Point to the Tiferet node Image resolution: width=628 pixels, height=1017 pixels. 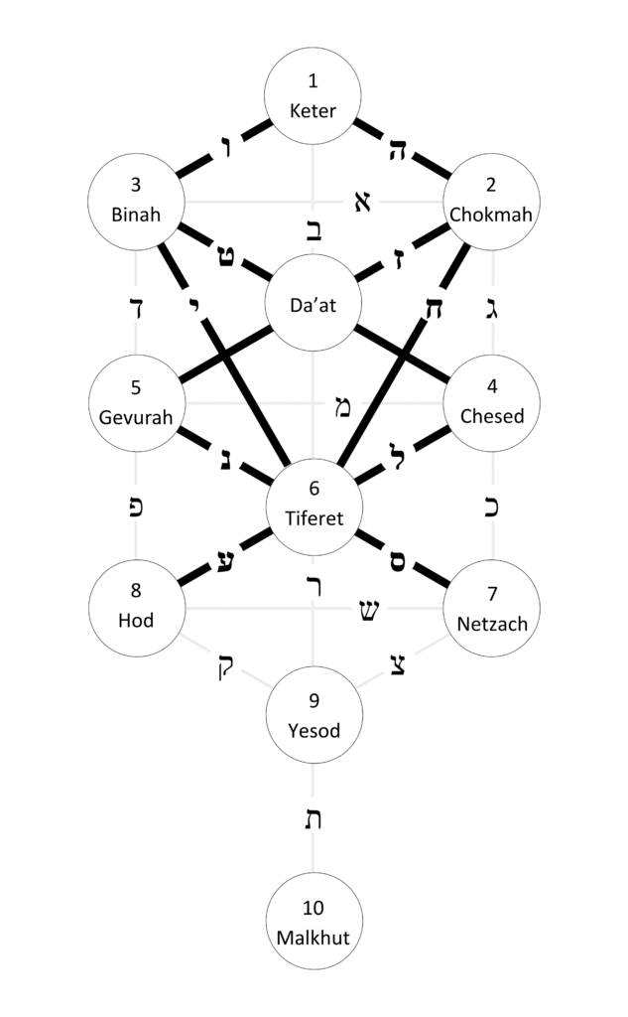coord(314,502)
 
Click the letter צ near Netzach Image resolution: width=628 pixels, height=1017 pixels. coord(397,663)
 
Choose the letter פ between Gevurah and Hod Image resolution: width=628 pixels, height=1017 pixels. coord(137,506)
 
